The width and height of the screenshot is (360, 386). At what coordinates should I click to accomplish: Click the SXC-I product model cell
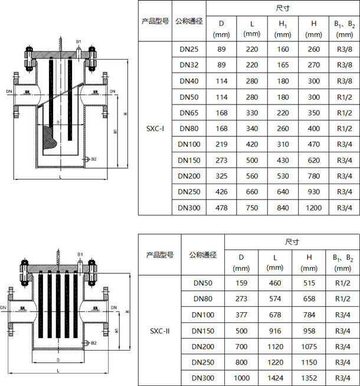pos(155,129)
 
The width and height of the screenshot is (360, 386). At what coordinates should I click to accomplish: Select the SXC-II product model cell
pos(160,331)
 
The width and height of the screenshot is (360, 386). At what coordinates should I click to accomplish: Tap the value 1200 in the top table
pos(313,208)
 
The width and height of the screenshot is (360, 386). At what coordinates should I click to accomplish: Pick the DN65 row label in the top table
pos(189,113)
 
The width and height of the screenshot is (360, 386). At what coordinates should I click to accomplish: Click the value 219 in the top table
pos(221,144)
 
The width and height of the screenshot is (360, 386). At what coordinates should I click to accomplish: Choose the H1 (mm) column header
pos(283,29)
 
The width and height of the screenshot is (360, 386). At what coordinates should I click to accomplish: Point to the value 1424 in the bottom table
pos(275,378)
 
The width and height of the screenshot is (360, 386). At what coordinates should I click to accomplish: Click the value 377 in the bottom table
pos(241,315)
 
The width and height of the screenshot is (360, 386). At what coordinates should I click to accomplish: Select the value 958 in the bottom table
pos(309,331)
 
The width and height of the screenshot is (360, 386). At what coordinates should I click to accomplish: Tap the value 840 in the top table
pos(283,208)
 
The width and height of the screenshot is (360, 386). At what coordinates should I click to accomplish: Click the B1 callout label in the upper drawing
pos(78,42)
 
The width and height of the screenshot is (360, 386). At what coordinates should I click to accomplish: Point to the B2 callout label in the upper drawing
pos(94,159)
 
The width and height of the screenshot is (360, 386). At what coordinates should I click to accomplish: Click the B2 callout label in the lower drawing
pos(94,343)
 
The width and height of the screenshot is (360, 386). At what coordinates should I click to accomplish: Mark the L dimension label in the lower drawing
pos(58,371)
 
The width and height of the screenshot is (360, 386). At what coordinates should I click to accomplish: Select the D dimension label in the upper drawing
pos(58,122)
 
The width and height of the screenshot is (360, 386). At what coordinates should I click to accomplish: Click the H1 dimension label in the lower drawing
pos(117,331)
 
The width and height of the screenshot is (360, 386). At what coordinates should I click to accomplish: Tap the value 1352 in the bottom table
pos(309,378)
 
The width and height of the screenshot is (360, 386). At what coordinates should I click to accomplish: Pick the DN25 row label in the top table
pos(189,49)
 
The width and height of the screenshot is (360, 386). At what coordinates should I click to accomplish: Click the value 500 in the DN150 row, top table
pos(252,161)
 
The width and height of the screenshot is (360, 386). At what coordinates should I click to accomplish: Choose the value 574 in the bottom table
pos(275,299)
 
